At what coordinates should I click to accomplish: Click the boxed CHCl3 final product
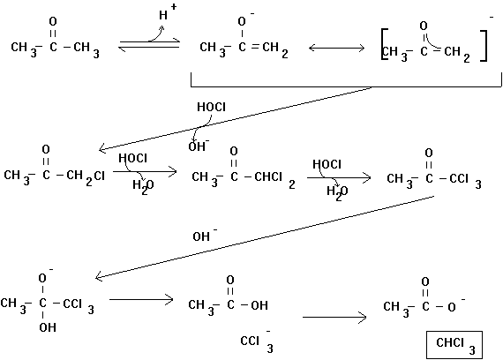[x=454, y=345]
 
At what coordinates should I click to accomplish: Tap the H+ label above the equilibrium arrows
[x=167, y=12]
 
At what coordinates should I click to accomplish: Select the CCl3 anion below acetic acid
[x=257, y=341]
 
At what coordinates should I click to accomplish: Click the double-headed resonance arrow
[x=336, y=49]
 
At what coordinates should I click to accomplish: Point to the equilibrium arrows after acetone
[x=149, y=45]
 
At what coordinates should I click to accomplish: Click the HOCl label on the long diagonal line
[x=211, y=107]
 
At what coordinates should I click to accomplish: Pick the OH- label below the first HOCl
[x=199, y=146]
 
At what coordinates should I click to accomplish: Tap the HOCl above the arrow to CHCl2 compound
[x=132, y=158]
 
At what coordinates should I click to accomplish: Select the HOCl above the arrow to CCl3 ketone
[x=327, y=164]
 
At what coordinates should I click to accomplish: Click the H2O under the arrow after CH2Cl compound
[x=143, y=186]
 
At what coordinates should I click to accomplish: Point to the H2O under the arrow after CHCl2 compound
[x=337, y=192]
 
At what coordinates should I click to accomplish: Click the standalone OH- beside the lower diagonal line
[x=205, y=236]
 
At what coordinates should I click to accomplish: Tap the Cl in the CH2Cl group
[x=100, y=176]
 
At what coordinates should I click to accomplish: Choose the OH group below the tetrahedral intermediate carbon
[x=48, y=327]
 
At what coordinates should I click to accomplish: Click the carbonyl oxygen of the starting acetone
[x=53, y=22]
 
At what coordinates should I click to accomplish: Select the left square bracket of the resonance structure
[x=384, y=44]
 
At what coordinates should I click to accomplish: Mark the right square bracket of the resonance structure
[x=484, y=46]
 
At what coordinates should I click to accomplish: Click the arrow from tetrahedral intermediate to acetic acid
[x=141, y=300]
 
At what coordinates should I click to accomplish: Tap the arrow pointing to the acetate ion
[x=334, y=318]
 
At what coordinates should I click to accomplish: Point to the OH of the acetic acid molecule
[x=259, y=305]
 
